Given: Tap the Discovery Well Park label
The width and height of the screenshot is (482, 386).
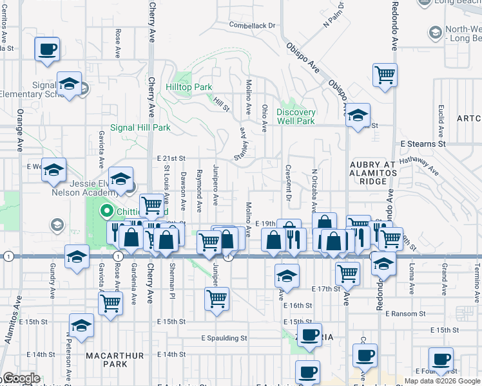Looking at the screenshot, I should point(296,116).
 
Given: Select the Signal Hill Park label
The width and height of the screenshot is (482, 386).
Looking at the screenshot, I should point(140,127).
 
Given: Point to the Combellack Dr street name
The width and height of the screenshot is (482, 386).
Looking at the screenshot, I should point(253,26).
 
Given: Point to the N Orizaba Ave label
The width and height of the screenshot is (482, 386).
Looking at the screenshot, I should point(314,190).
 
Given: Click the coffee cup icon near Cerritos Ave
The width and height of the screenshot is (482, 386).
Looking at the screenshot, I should point(48,50).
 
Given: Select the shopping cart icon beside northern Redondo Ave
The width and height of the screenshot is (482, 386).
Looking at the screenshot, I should point(385,73).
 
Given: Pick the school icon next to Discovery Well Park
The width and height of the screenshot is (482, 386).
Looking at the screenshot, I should point(358,116).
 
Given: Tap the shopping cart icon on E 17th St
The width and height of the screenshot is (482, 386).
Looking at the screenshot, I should point(348,273).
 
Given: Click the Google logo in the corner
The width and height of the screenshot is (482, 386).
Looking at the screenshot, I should point(21,378).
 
